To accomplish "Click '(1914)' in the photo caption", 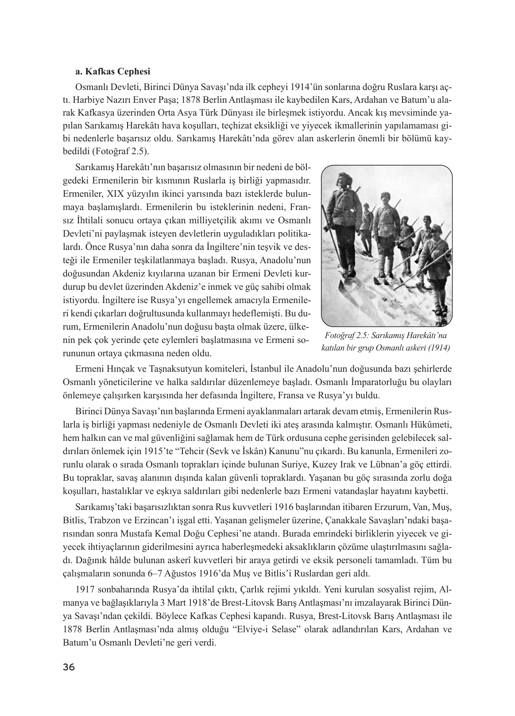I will pos(438,348).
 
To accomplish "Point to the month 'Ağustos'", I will pos(187,574).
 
